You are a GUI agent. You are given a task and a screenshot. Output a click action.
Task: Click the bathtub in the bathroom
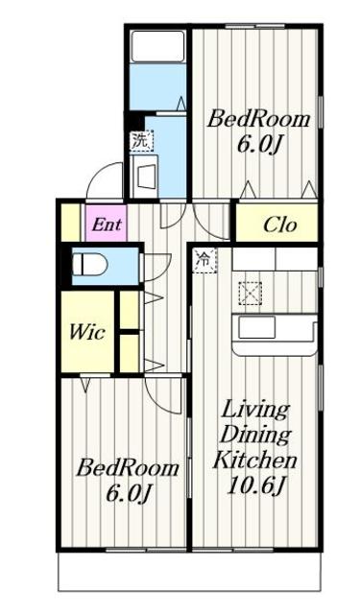click(x=157, y=46)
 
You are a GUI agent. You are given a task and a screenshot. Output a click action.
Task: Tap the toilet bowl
click(x=90, y=264)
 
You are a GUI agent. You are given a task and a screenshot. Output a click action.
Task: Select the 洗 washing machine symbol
click(x=141, y=141)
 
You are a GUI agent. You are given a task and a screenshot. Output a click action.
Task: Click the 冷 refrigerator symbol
click(x=204, y=260)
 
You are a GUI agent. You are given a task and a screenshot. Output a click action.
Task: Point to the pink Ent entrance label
click(x=107, y=224)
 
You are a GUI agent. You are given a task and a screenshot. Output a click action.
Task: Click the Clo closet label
click(x=280, y=224)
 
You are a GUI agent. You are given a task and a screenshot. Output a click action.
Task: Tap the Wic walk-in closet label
click(x=87, y=333)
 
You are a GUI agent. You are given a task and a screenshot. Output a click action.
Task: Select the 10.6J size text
click(x=255, y=486)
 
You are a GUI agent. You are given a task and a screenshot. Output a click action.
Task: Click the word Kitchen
click(x=254, y=460)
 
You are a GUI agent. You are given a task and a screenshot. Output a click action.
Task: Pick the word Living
click(x=255, y=411)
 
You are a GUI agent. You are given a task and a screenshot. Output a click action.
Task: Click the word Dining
click(x=255, y=435)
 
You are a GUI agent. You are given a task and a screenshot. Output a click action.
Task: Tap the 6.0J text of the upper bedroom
click(x=259, y=145)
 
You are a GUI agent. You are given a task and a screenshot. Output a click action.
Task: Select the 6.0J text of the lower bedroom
click(x=128, y=494)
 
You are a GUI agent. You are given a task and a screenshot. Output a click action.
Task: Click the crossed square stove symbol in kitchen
click(x=251, y=294)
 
